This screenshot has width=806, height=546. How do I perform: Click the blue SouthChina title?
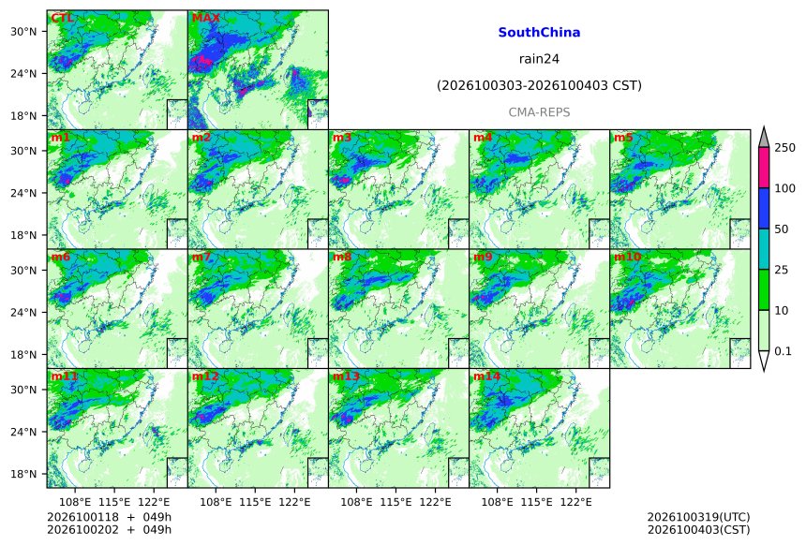click(539, 33)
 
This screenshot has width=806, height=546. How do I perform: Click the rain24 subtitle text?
click(539, 59)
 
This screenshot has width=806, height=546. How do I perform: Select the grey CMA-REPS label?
click(539, 112)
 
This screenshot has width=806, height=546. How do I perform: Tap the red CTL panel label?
click(62, 18)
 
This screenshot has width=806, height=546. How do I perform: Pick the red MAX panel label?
click(205, 18)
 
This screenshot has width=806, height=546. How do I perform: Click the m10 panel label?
click(627, 257)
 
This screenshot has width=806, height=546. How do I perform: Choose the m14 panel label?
click(486, 376)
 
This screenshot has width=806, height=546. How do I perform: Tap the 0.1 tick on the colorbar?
click(783, 351)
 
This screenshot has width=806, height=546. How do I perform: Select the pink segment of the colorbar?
click(764, 168)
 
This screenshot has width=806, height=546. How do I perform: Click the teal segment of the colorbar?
click(764, 249)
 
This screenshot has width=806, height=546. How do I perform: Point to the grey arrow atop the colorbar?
click(764, 138)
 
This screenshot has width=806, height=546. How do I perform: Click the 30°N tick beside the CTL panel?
click(23, 31)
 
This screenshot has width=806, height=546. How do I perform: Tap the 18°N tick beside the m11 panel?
click(23, 474)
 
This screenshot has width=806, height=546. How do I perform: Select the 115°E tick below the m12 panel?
click(255, 502)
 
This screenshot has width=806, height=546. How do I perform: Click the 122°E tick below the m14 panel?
click(575, 502)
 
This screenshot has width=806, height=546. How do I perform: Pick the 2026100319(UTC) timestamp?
click(698, 517)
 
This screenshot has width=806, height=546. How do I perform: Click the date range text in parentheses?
click(539, 85)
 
